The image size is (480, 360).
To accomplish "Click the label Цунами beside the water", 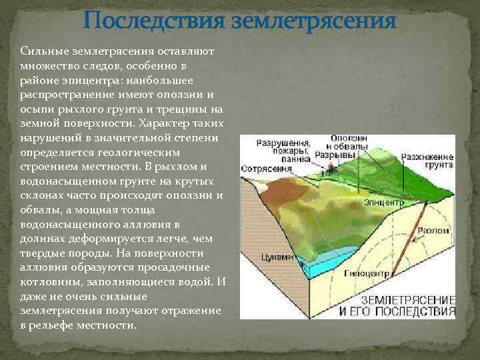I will click(x=278, y=257).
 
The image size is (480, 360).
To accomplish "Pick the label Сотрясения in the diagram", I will click(x=263, y=170).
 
